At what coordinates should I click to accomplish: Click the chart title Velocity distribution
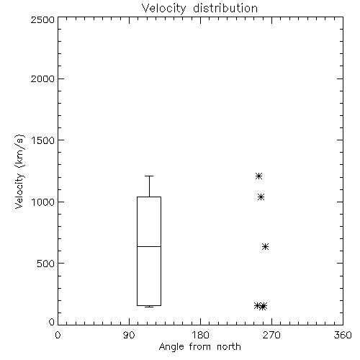(x=199, y=8)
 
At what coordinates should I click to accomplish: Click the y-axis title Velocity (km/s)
(x=19, y=171)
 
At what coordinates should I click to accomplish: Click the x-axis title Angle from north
(x=199, y=347)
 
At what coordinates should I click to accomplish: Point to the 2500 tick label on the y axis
(x=42, y=19)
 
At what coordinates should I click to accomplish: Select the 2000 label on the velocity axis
(x=42, y=78)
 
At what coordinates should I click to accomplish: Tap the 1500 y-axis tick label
(x=43, y=140)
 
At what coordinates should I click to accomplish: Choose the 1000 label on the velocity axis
(x=43, y=202)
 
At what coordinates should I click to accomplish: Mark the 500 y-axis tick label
(x=45, y=264)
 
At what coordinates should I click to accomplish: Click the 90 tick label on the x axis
(x=129, y=335)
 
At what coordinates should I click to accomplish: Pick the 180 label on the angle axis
(x=200, y=335)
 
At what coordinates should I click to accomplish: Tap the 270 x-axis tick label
(x=271, y=335)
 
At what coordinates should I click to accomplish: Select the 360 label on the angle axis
(x=343, y=335)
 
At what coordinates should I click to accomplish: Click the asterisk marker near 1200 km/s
(x=258, y=176)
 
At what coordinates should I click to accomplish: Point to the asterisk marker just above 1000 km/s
(x=261, y=197)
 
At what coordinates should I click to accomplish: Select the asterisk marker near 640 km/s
(x=265, y=246)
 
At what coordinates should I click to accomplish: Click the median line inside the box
(x=149, y=246)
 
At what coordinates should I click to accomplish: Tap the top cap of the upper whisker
(x=149, y=176)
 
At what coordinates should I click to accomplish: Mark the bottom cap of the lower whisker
(x=149, y=307)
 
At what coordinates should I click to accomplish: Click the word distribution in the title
(x=225, y=8)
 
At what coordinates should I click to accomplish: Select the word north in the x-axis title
(x=229, y=347)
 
